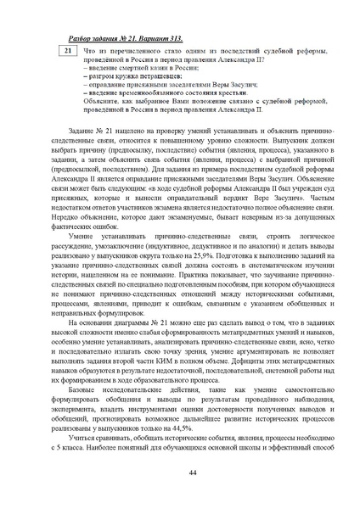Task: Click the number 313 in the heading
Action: point(172,37)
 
